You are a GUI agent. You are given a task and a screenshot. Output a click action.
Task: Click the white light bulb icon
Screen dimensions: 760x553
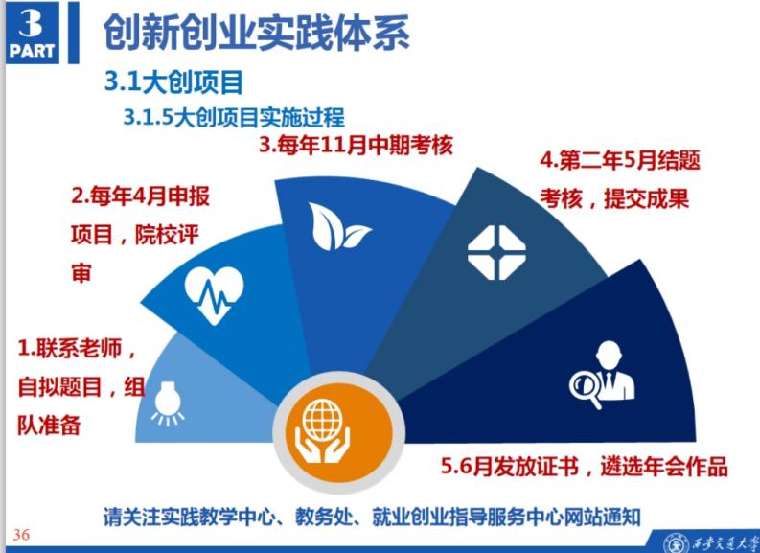[168, 403]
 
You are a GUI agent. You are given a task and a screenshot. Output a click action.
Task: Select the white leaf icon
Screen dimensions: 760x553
[339, 226]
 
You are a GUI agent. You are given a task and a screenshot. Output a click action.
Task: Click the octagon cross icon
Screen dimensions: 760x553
[496, 252]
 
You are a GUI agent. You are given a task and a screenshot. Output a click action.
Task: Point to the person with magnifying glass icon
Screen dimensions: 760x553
[602, 375]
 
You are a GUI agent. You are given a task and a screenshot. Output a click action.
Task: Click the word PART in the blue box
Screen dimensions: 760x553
[32, 51]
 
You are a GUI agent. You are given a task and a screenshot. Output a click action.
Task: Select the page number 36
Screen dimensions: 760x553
[21, 535]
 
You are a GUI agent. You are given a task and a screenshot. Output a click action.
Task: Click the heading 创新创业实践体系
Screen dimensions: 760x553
[257, 33]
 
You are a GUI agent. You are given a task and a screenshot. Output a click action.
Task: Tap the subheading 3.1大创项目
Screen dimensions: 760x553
[173, 81]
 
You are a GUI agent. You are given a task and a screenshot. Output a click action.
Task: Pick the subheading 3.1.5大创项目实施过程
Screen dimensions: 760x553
[234, 117]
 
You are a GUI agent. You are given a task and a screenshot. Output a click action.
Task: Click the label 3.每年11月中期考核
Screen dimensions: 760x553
[357, 146]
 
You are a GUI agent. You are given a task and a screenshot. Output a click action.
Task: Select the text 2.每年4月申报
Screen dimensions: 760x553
[141, 196]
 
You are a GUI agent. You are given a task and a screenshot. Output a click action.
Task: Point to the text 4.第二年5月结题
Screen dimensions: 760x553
[620, 160]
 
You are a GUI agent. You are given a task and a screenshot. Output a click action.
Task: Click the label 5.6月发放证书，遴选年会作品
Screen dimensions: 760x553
[585, 467]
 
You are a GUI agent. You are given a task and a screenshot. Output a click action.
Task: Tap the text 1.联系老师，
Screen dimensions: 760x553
[77, 349]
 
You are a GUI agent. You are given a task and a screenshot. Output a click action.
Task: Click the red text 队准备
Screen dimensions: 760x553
[49, 426]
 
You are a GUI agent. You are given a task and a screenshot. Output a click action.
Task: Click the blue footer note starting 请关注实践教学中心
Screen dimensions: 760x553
[372, 517]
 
